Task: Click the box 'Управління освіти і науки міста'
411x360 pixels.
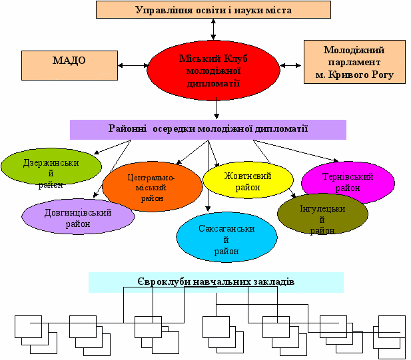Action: tap(213, 10)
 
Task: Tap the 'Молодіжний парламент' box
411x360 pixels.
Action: tap(354, 63)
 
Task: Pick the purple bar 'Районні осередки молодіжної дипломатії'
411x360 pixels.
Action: tap(208, 129)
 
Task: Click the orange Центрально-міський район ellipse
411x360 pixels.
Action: tap(152, 187)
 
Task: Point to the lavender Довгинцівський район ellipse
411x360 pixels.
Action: tap(77, 218)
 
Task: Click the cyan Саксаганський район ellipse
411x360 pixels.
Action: tap(226, 239)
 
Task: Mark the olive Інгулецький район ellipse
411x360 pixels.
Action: tap(322, 214)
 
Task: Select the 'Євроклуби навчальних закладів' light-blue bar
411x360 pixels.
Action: tap(216, 282)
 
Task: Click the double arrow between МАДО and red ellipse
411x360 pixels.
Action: tap(133, 65)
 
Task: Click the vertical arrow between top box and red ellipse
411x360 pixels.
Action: tap(213, 30)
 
